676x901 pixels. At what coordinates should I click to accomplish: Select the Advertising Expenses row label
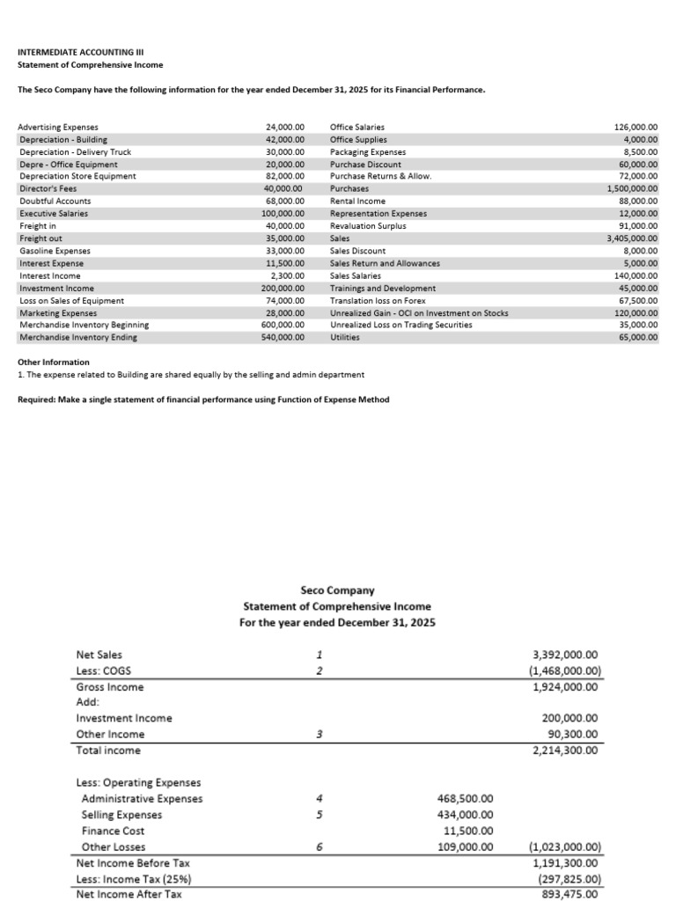(58, 128)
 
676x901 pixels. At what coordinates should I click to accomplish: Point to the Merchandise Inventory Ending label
(77, 337)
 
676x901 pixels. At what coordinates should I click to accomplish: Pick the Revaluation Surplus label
(368, 226)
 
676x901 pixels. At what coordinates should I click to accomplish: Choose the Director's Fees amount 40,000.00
(283, 189)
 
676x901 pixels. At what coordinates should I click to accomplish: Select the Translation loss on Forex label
(378, 300)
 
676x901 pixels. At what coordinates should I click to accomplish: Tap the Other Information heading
(54, 363)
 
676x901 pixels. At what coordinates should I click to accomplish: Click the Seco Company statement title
(337, 590)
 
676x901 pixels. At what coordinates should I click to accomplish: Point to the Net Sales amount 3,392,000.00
(566, 655)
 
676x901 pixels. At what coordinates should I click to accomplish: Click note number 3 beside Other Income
(320, 734)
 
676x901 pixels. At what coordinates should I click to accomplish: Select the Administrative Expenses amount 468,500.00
(465, 799)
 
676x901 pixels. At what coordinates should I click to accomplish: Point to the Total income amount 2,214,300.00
(566, 751)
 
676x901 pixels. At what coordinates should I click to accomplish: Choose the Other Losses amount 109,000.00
(465, 847)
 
